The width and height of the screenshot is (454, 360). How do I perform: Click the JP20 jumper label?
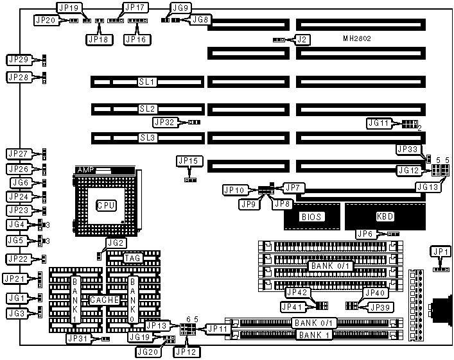click(x=46, y=20)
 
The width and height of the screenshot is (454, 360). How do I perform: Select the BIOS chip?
click(x=311, y=217)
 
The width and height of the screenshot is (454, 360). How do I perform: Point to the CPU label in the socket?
click(x=106, y=205)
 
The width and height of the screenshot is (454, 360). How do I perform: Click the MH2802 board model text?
click(x=357, y=39)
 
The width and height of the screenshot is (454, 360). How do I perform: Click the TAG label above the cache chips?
click(x=132, y=258)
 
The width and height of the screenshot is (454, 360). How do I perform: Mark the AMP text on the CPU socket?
click(x=85, y=170)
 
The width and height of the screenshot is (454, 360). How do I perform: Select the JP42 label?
click(x=297, y=293)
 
